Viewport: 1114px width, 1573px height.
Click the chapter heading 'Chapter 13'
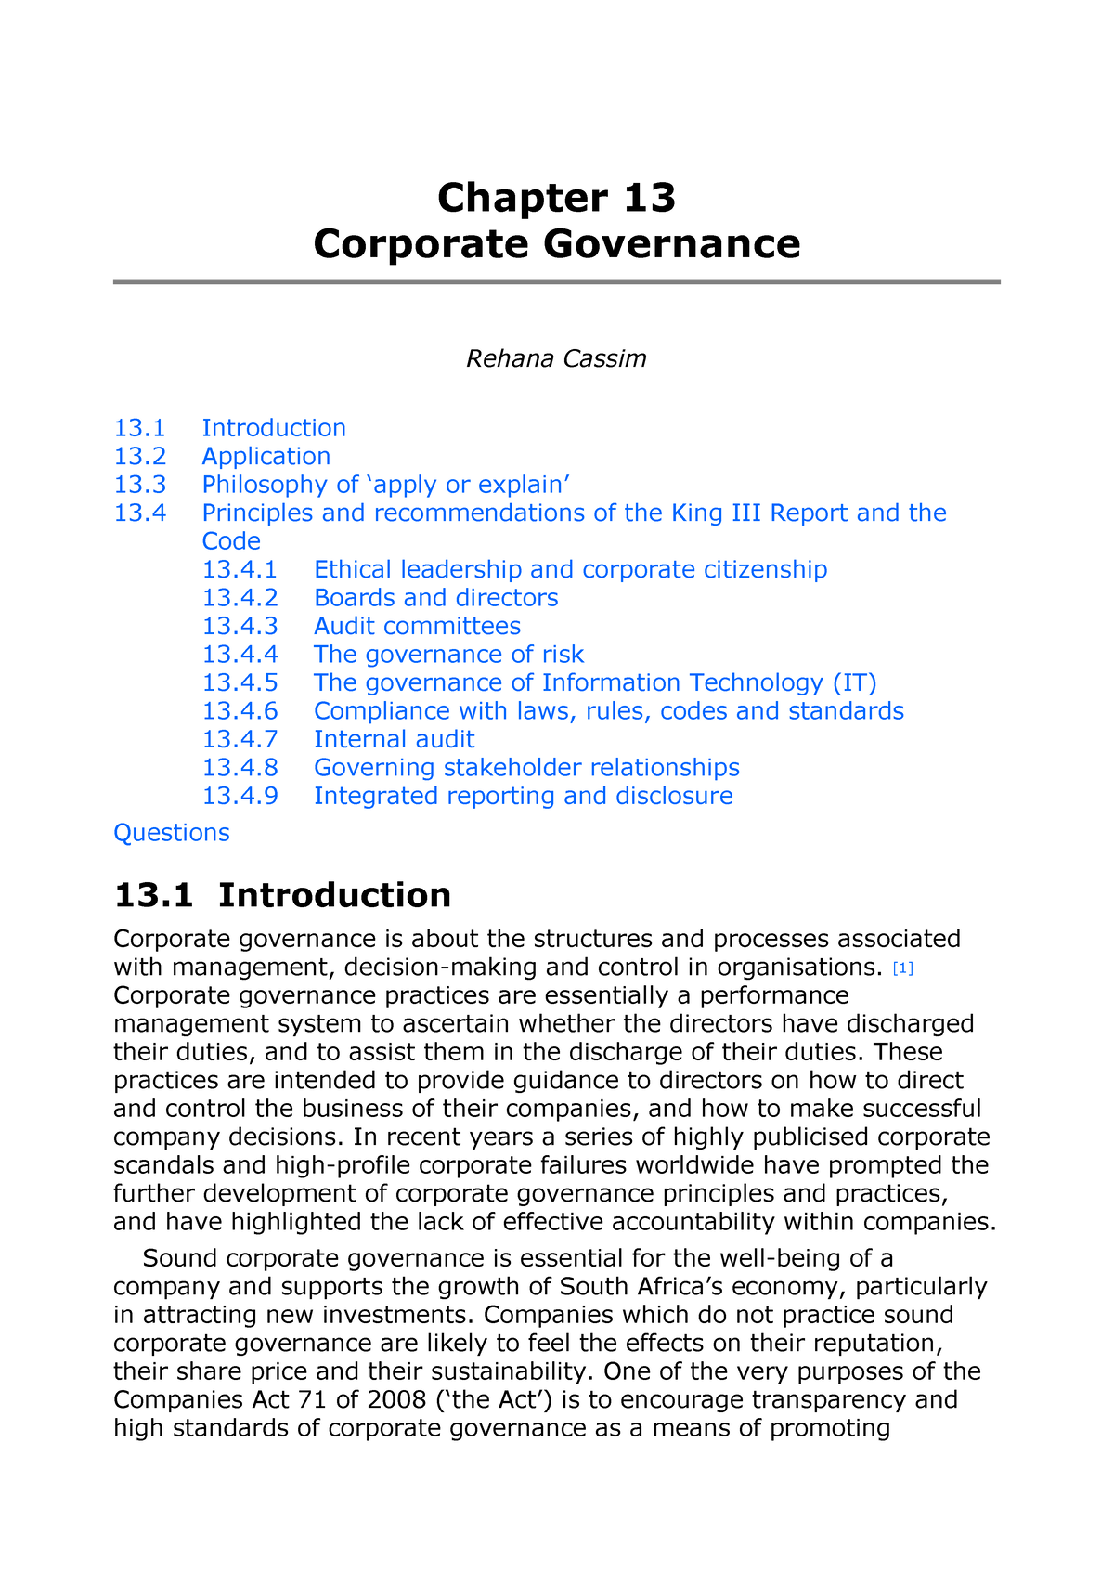coord(556,198)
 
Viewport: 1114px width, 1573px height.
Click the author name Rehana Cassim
coord(556,358)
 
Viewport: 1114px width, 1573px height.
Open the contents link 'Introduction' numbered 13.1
coord(274,428)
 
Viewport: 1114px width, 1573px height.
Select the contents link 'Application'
coord(266,456)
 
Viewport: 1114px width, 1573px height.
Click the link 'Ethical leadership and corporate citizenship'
coord(570,569)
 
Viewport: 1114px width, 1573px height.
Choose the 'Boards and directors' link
coord(436,598)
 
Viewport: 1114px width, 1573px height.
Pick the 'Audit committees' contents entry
coord(417,626)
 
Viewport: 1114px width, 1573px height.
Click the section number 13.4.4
coord(240,655)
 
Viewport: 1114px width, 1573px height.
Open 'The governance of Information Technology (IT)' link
coord(595,682)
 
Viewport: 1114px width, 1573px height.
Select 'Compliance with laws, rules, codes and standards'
coord(608,711)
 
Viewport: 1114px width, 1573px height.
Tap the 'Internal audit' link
coord(394,739)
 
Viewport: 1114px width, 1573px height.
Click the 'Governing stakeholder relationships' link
coord(526,768)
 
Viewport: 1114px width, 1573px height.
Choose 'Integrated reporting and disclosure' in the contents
coord(523,796)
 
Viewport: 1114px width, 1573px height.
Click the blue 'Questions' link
coord(171,833)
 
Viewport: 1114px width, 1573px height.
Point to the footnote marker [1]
coord(902,969)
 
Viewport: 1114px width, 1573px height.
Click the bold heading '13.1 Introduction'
coord(282,895)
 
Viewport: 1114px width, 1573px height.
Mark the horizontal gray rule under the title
coord(556,281)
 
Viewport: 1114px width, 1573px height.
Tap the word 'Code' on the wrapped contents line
coord(231,541)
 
